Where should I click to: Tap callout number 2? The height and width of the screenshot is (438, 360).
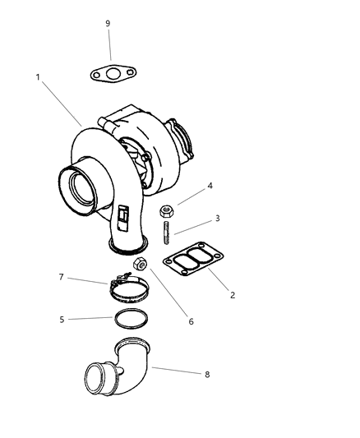pos(233,295)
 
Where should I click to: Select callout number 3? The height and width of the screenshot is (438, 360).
pos(217,219)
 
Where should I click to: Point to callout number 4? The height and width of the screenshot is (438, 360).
pos(210,186)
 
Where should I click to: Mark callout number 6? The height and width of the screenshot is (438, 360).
pos(191,320)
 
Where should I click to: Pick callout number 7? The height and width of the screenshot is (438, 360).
pos(62,279)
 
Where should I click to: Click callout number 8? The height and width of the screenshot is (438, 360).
pos(206,374)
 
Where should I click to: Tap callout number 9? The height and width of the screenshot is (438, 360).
pos(108,24)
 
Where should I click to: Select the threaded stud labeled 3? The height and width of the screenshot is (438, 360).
pos(166,232)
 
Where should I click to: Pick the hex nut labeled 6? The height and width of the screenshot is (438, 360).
pos(140,265)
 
